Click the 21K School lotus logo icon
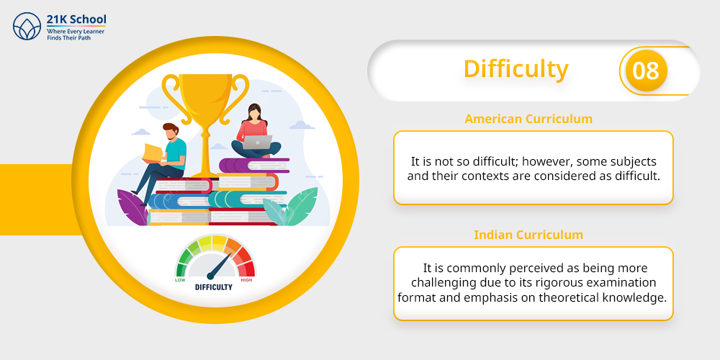(x=27, y=26)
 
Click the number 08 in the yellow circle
(x=646, y=71)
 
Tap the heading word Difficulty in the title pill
(x=516, y=69)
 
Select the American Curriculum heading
(x=528, y=119)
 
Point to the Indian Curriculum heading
(x=528, y=235)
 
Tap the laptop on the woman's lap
(x=257, y=143)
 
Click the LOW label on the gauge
(x=180, y=279)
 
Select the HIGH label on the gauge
(x=246, y=279)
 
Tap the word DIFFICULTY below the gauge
(x=214, y=287)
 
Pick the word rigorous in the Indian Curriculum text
(x=572, y=282)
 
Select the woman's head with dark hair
(x=255, y=113)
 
